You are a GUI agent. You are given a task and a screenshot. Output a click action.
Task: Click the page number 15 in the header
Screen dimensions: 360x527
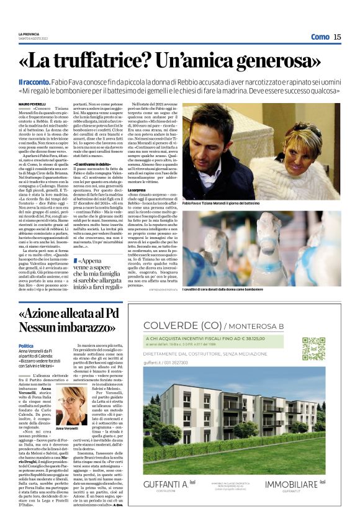(337, 37)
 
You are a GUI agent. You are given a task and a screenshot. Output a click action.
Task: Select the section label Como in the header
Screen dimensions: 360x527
(320, 37)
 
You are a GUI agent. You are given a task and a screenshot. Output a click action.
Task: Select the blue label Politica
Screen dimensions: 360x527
(26, 346)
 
